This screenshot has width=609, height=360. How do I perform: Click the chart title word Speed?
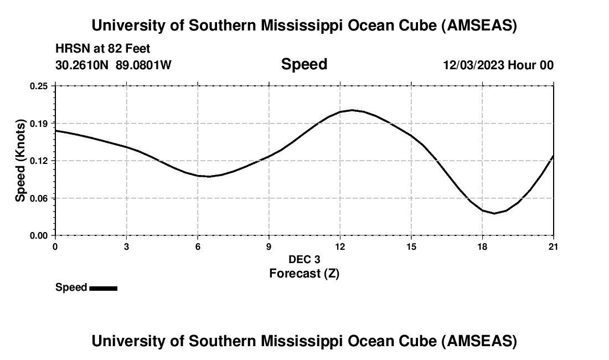[304, 64]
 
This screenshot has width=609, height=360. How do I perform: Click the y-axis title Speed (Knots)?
[20, 161]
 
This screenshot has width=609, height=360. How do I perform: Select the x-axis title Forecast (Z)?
[304, 273]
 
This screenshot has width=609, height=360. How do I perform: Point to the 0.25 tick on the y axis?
[39, 86]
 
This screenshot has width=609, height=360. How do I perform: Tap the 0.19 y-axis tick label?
[39, 123]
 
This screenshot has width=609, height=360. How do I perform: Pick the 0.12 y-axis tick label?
[39, 161]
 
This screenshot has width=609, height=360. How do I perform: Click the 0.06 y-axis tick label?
[39, 198]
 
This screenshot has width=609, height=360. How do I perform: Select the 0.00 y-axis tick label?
[39, 235]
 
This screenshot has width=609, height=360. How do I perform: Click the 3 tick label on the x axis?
[127, 246]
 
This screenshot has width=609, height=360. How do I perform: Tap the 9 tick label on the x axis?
[269, 246]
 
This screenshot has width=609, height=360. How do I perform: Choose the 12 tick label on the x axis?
[340, 246]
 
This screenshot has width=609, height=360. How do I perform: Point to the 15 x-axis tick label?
[411, 246]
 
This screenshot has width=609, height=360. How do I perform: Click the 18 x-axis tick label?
[482, 246]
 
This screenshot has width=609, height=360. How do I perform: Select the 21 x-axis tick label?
[553, 246]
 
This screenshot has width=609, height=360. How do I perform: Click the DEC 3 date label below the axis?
[304, 259]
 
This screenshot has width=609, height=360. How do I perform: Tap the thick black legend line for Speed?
[103, 288]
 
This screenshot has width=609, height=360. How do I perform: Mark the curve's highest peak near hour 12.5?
[352, 110]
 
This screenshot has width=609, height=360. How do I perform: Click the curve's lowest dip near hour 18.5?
[494, 213]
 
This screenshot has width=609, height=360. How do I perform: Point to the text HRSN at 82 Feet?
[102, 49]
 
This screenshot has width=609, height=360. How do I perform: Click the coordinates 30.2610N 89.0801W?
[113, 65]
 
